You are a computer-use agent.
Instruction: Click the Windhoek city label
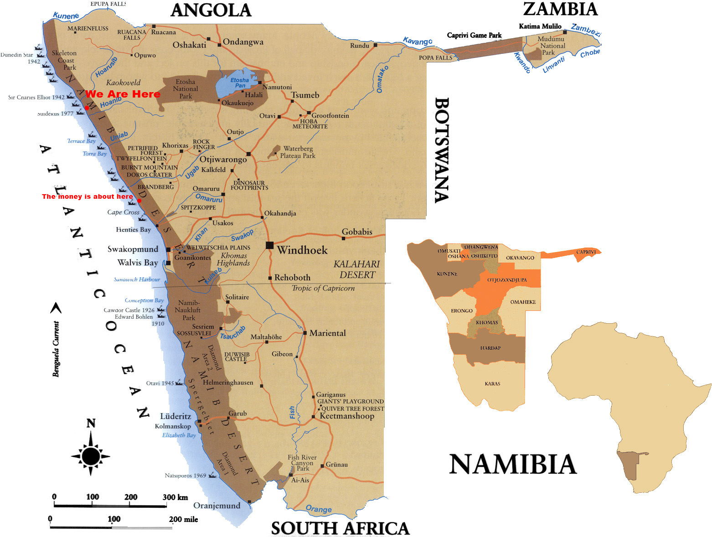302,250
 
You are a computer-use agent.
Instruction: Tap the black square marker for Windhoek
269,245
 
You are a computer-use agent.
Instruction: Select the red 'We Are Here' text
123,94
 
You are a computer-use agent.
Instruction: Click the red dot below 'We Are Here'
87,108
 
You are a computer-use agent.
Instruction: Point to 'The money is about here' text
87,196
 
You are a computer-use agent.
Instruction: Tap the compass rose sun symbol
91,455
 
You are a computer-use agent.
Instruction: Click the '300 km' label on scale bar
175,497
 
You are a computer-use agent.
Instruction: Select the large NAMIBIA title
513,464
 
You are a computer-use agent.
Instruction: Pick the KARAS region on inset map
492,383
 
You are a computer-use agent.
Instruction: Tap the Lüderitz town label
175,416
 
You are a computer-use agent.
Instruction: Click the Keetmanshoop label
346,416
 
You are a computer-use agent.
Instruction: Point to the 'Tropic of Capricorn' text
323,288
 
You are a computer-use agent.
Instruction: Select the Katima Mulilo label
540,26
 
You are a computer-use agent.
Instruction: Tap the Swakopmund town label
133,249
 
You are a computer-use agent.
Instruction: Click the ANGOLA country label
211,10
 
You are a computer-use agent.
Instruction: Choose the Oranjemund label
217,506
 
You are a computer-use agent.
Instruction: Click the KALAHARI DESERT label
356,269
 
